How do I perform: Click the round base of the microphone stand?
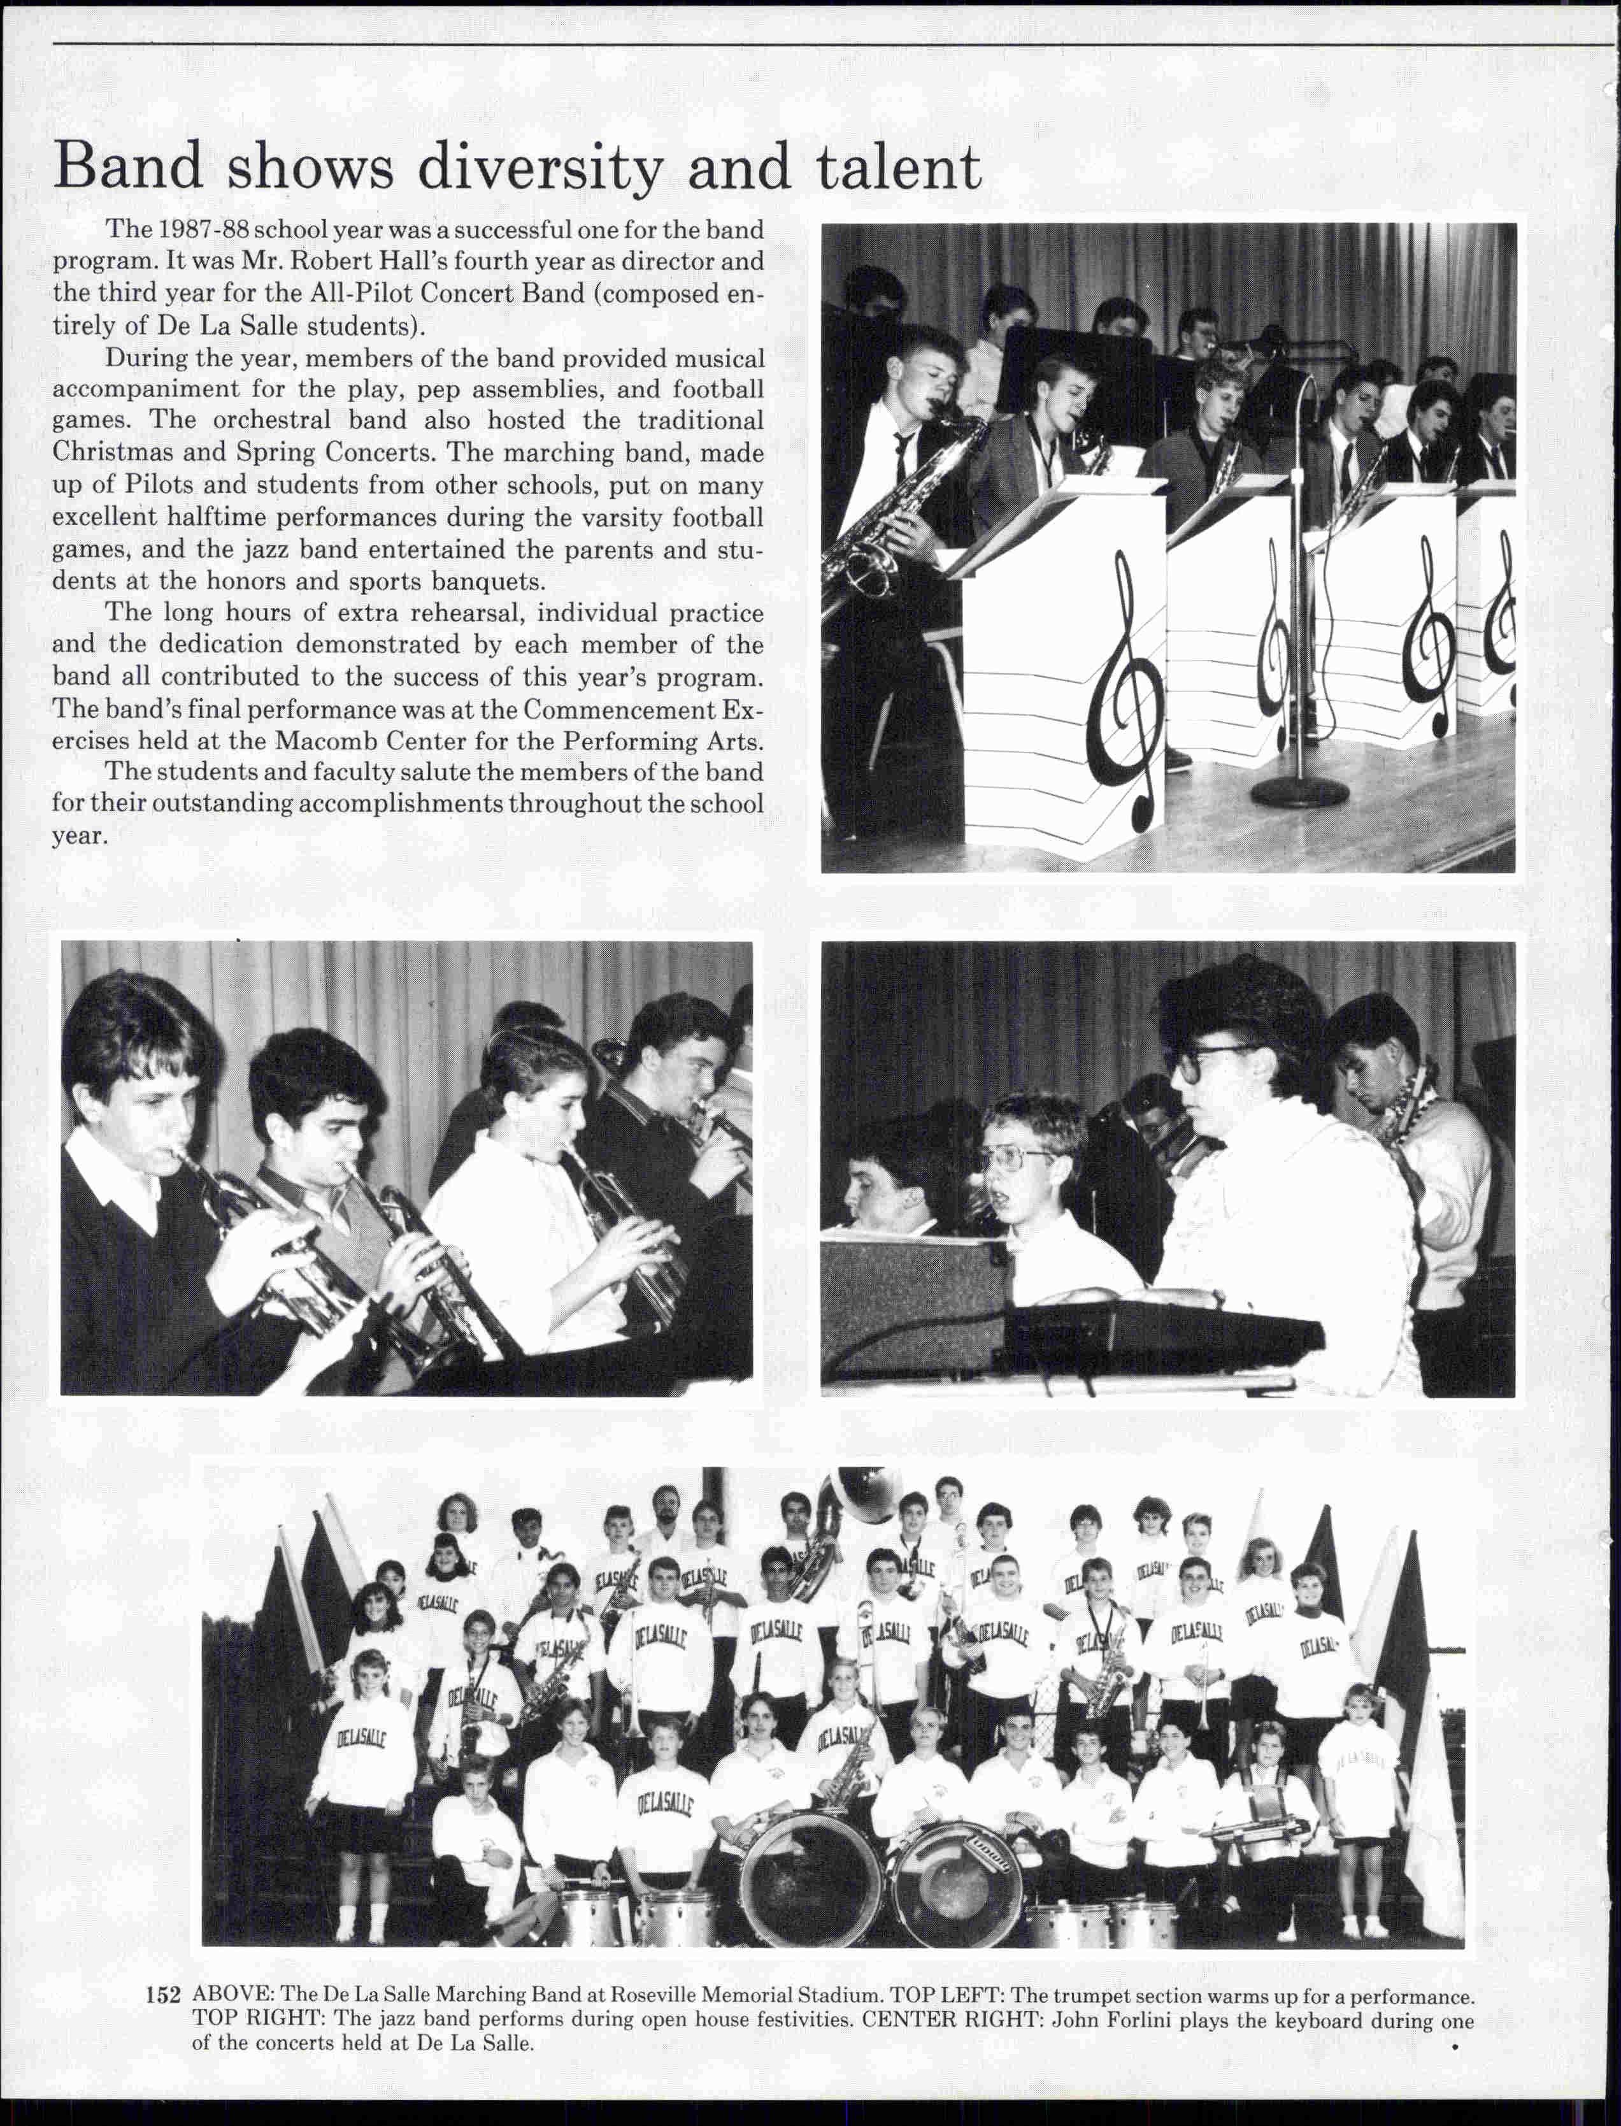click(x=1299, y=793)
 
